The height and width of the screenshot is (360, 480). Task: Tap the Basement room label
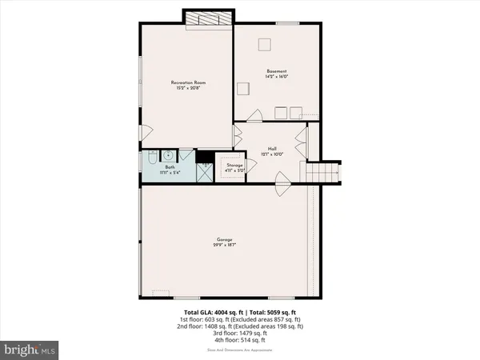point(277,71)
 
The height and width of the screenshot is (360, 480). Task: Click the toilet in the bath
point(152,160)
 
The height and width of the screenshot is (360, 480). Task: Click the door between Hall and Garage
point(282,190)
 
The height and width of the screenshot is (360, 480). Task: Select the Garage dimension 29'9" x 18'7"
point(224,245)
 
